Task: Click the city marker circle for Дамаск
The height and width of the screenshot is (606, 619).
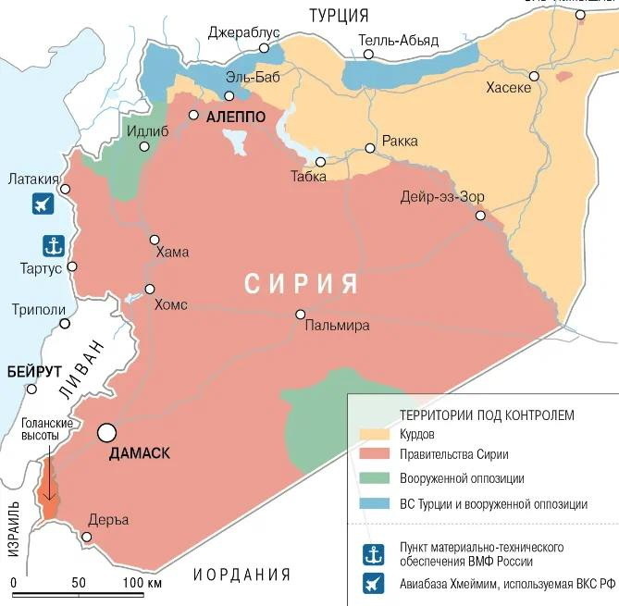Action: click(108, 432)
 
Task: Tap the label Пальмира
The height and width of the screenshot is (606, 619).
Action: click(337, 326)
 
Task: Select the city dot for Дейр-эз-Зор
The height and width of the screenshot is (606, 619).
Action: click(480, 216)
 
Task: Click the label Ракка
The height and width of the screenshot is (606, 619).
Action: click(399, 142)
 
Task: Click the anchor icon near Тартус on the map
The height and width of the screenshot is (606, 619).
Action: click(54, 246)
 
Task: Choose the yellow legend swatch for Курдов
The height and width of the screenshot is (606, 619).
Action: click(373, 434)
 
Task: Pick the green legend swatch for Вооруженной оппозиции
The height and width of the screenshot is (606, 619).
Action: click(373, 479)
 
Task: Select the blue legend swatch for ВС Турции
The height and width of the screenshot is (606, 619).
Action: click(373, 504)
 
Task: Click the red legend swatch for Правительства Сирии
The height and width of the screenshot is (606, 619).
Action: click(373, 455)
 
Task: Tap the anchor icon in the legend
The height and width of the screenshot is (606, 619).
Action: click(374, 553)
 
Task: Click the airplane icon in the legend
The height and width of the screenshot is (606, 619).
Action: click(374, 584)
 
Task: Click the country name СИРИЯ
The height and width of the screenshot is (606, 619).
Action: click(302, 283)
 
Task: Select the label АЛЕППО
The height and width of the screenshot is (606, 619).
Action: click(236, 117)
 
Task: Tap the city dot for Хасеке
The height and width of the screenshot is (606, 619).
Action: click(534, 76)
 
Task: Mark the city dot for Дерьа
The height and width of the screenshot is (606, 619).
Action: click(87, 537)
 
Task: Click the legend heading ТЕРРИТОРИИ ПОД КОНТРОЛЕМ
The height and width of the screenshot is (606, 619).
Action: click(487, 414)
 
